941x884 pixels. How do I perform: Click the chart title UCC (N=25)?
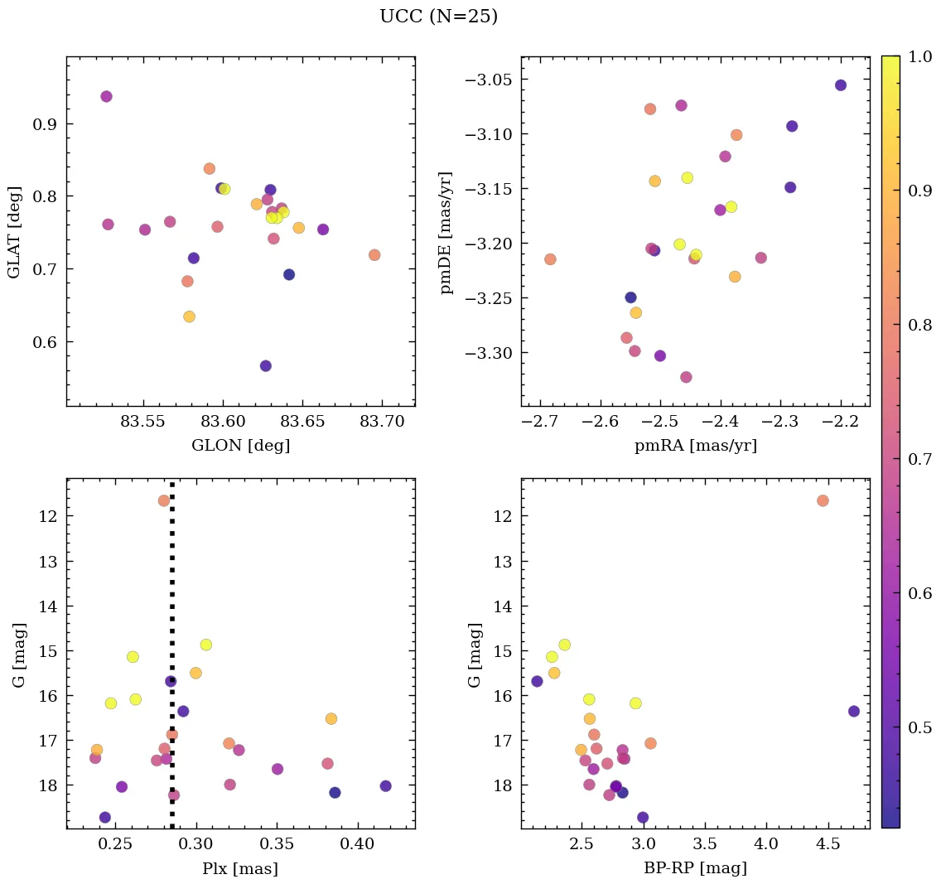438,17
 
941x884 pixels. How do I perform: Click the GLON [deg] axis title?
240,446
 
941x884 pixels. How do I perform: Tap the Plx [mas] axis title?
240,869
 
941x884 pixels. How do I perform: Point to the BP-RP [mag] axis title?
695,869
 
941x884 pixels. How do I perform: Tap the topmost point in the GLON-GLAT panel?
106,97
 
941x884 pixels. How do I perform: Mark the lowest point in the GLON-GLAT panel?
266,366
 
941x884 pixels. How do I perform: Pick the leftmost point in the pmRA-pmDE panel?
550,259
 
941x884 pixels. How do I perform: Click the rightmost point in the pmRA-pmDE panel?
841,85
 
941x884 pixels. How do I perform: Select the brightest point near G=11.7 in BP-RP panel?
823,500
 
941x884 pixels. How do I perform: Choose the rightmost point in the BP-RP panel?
854,711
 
